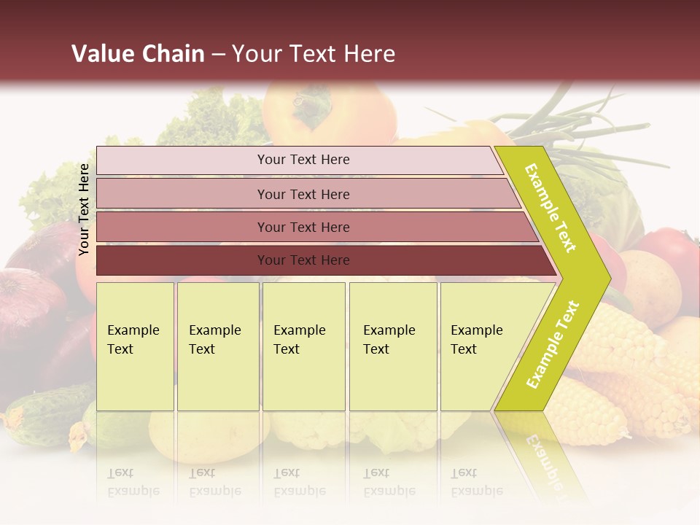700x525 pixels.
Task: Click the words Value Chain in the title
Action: [138, 54]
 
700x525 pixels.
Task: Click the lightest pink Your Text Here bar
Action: [303, 160]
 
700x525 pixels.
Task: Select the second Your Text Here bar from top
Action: [303, 194]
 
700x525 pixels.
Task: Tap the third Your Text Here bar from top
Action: [303, 227]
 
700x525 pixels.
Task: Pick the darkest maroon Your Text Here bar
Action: [303, 260]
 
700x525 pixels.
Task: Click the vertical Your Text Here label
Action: [85, 209]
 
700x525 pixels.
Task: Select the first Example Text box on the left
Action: [135, 346]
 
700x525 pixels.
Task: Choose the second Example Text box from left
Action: [217, 346]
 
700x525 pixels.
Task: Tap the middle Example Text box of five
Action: [303, 346]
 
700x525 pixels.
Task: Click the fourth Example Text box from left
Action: [392, 346]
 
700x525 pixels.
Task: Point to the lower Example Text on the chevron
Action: [552, 345]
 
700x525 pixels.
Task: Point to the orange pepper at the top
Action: [328, 113]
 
